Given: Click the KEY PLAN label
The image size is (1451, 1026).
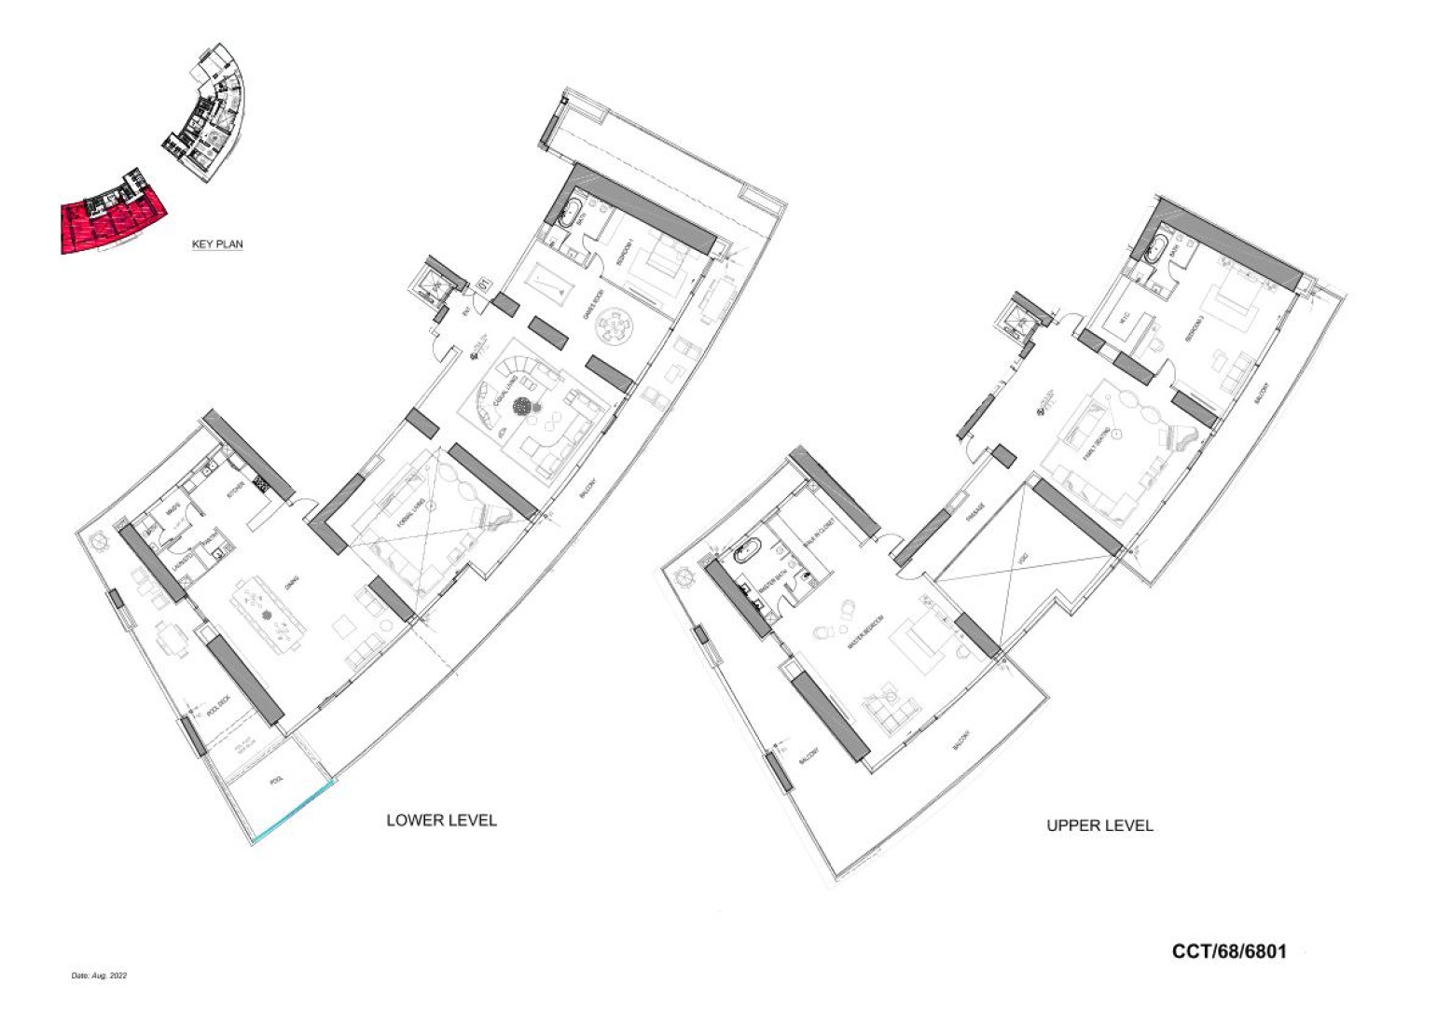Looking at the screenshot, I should click(216, 244).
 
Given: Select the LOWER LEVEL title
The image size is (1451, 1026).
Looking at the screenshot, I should click(441, 821).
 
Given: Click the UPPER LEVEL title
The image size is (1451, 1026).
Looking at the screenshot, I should click(1099, 825).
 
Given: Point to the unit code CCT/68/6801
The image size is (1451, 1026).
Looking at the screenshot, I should click(1229, 951).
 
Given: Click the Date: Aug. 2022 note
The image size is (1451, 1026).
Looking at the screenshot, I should click(99, 976).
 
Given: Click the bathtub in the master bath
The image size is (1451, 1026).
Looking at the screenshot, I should click(748, 552).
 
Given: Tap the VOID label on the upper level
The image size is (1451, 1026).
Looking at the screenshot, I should click(1022, 560).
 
